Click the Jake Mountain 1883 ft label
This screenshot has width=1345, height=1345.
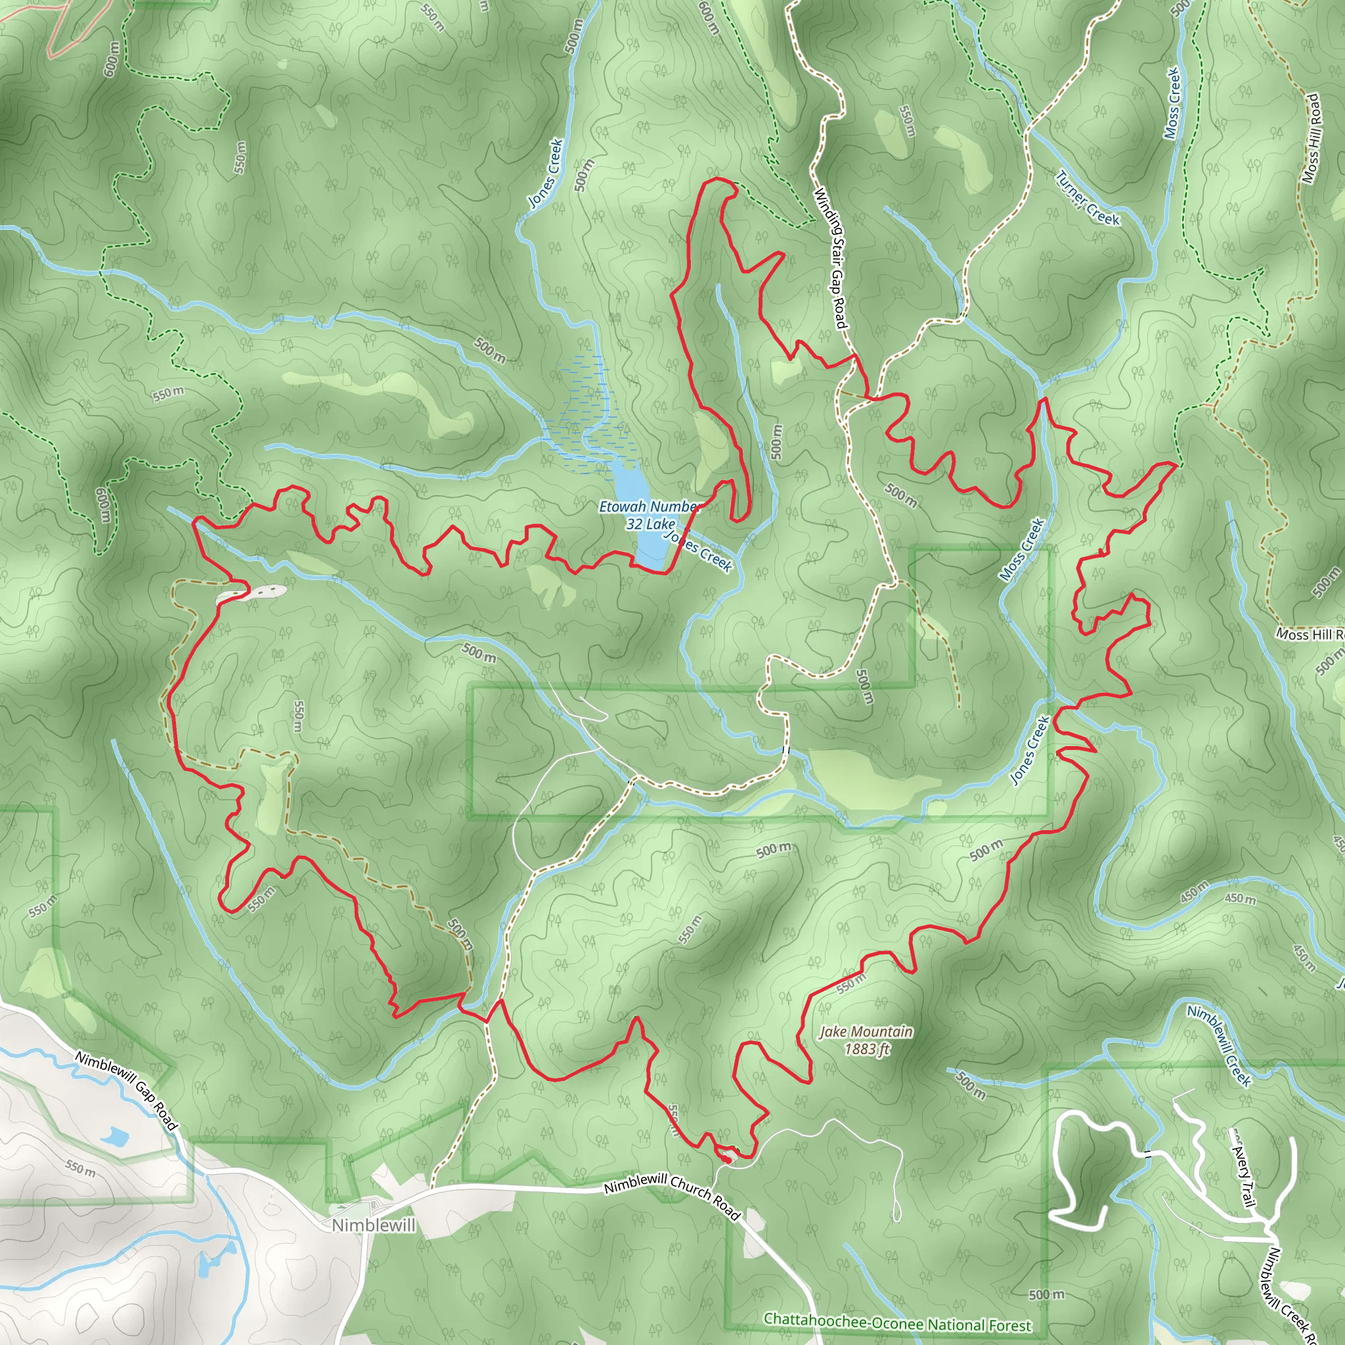(x=866, y=1040)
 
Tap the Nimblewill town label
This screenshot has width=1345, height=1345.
(x=373, y=1225)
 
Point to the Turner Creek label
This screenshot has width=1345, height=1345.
(x=1087, y=198)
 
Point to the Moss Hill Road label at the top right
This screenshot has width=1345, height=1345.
(x=1312, y=138)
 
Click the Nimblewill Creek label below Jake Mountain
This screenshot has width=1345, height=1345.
(x=1219, y=1045)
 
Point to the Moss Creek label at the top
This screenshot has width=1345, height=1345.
(x=1173, y=102)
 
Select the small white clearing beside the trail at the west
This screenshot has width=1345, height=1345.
(x=252, y=593)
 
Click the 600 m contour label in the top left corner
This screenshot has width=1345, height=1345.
(x=112, y=59)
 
